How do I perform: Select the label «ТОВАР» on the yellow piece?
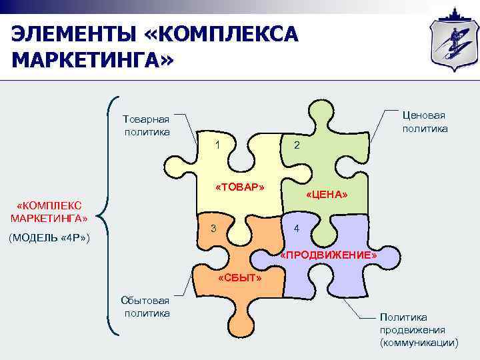coord(241,187)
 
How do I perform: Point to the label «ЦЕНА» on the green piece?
coord(327,194)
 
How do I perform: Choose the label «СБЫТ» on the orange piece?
coord(239,277)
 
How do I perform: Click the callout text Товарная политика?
coord(147,125)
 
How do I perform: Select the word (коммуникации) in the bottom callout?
coord(419,342)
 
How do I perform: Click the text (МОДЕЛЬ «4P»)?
coord(50,238)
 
